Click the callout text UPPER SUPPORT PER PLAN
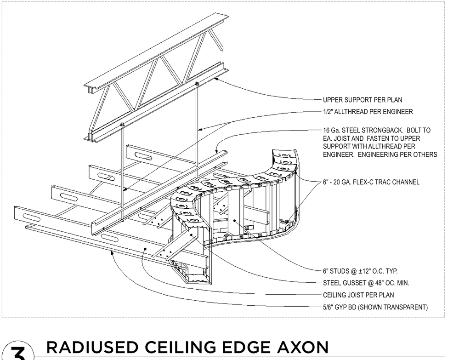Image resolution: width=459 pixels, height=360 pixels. [x=363, y=100]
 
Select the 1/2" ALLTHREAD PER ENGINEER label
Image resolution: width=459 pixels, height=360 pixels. [x=368, y=112]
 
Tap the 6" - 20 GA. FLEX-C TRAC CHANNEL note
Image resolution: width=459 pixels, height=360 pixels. [x=371, y=182]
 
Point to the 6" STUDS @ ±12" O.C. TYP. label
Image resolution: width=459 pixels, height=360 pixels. [x=360, y=271]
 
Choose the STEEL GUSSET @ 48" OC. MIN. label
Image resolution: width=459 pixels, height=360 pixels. [x=366, y=283]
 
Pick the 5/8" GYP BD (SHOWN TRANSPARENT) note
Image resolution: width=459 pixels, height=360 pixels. [x=375, y=307]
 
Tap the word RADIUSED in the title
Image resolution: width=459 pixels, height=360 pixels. [x=92, y=347]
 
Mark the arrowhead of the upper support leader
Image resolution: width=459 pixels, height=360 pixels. [x=216, y=78]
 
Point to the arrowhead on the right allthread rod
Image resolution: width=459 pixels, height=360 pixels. [x=199, y=129]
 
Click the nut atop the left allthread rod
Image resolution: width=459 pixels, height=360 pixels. [x=122, y=125]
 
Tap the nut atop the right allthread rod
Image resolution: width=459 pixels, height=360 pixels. [x=197, y=84]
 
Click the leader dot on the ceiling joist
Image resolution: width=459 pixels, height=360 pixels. [x=145, y=249]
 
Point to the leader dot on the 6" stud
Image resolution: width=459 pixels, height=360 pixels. [x=234, y=220]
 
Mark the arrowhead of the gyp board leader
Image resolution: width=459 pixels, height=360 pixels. [x=111, y=252]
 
